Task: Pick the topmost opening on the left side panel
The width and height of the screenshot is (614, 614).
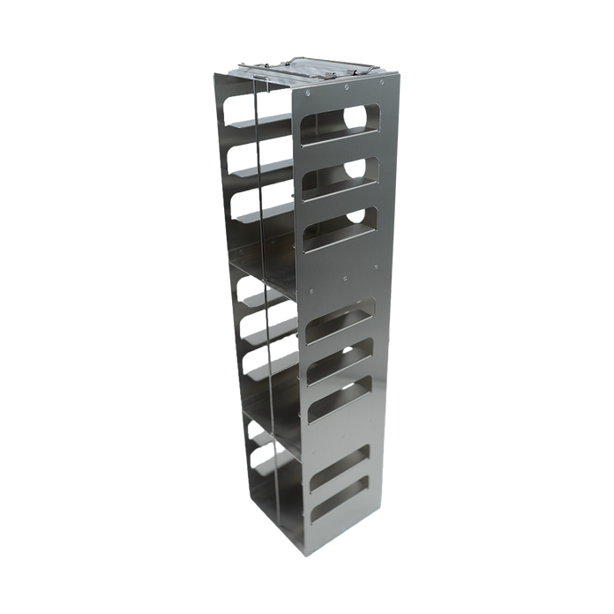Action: point(236,110)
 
